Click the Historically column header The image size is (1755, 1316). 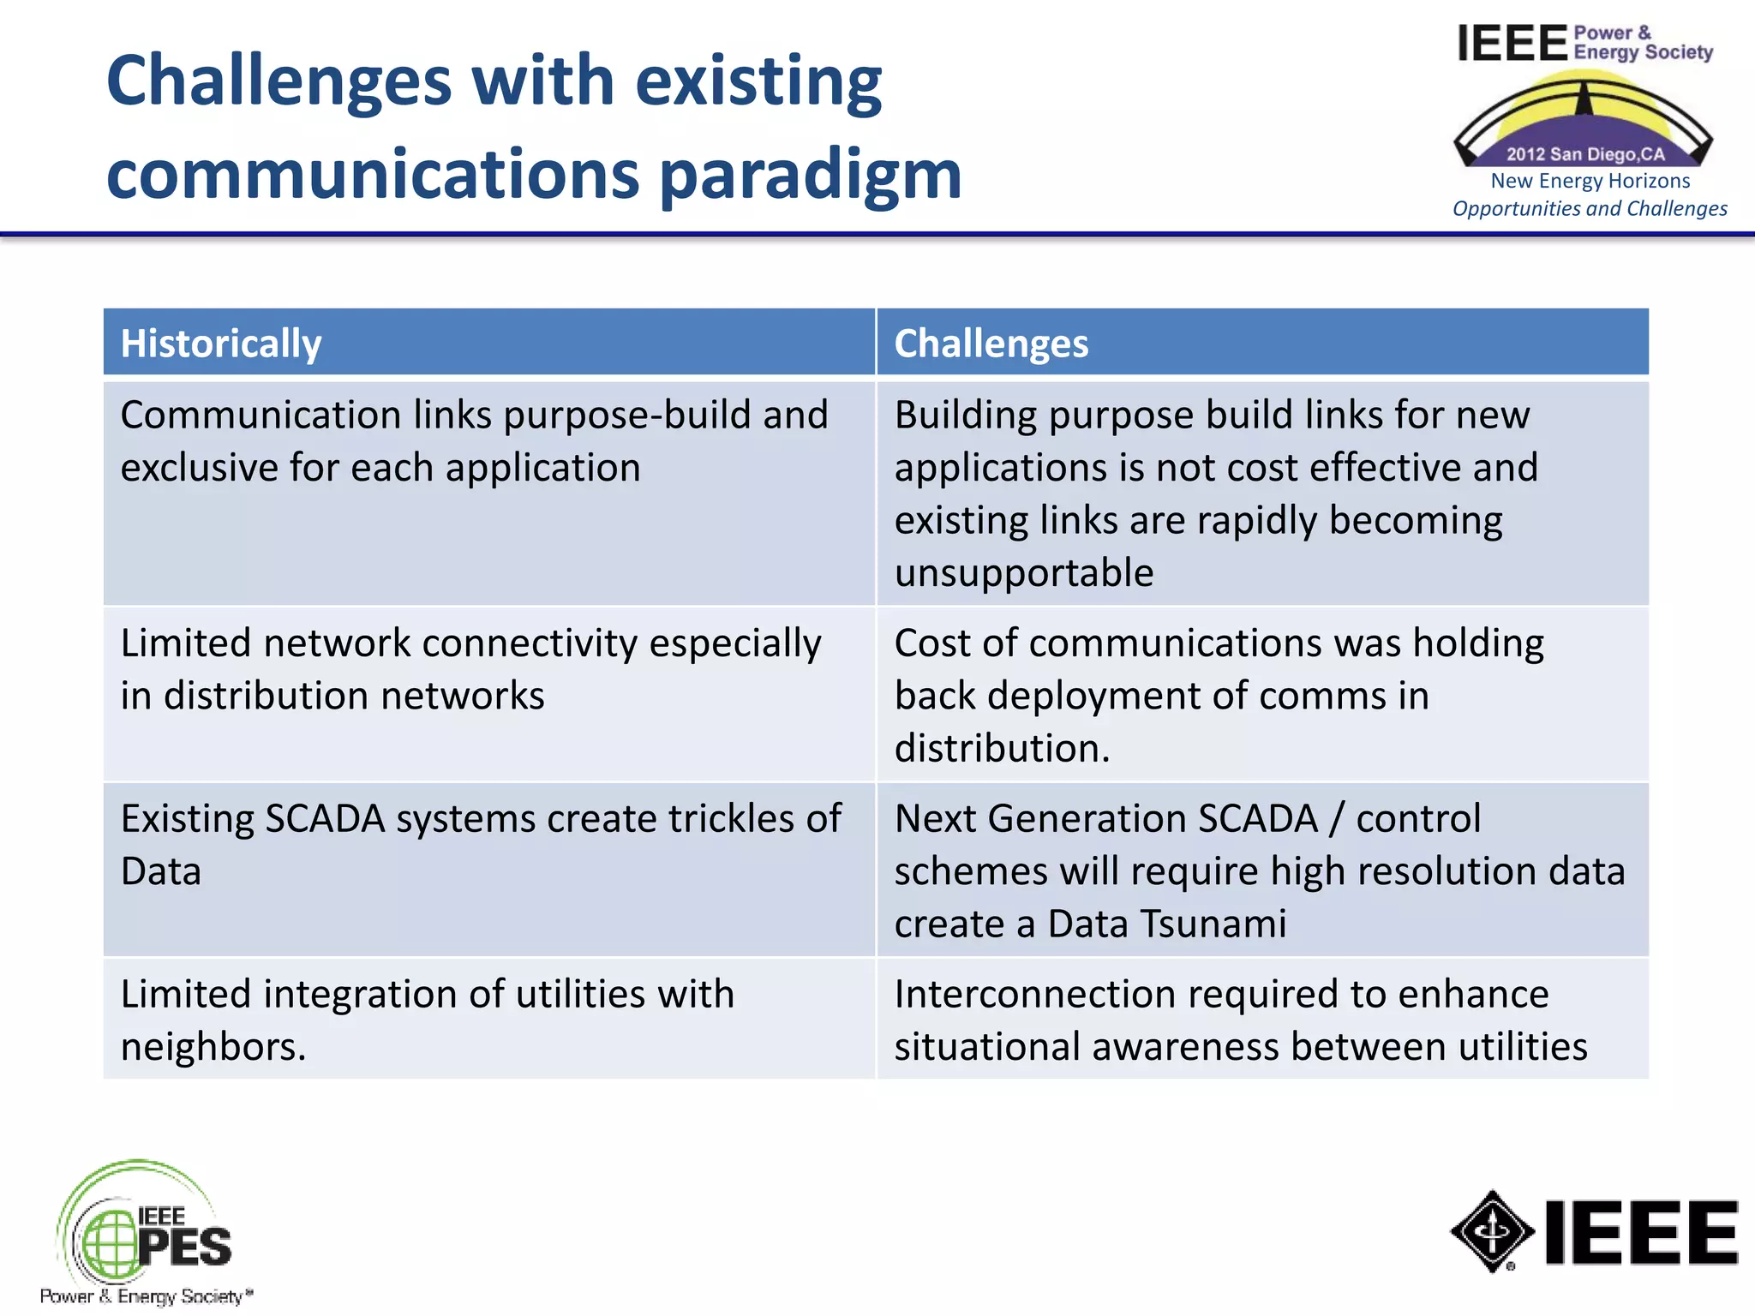(221, 344)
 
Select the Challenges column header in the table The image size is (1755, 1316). (991, 344)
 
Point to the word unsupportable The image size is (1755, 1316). (1024, 573)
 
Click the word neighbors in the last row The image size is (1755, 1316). (210, 1047)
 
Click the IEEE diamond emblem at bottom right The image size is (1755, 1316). (1492, 1231)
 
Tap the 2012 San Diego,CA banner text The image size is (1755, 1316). (1585, 154)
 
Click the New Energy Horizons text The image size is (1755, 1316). (1590, 181)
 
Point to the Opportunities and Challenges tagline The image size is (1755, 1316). (1590, 209)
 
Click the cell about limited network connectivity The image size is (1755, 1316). (488, 694)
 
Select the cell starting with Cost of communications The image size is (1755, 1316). (1261, 695)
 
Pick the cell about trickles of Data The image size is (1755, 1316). (488, 869)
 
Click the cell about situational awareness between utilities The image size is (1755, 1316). (1261, 1020)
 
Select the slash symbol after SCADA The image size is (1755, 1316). (1336, 819)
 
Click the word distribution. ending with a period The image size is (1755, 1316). (1002, 749)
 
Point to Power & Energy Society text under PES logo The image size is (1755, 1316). (146, 1296)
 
